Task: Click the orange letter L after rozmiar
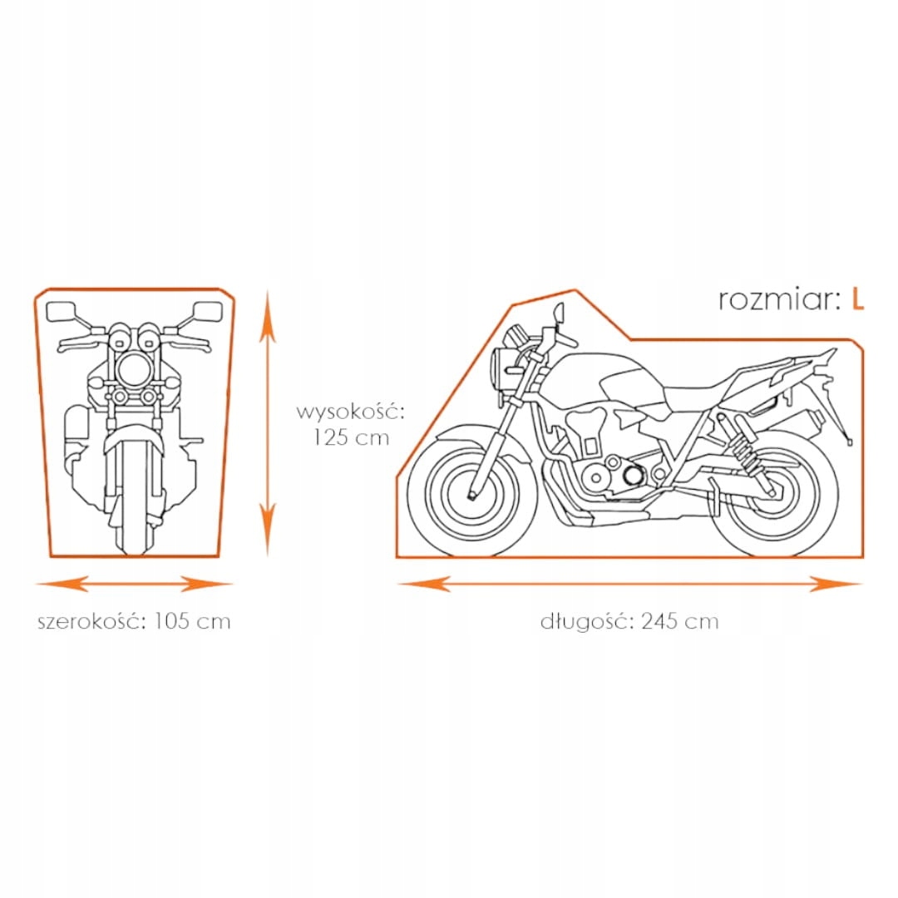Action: pos(857,299)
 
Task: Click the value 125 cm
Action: pos(351,437)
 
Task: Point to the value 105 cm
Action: pos(192,621)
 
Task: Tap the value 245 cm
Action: pos(679,621)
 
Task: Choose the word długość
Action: pos(585,621)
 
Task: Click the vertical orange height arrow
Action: pos(267,420)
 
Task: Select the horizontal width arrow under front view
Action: pos(133,584)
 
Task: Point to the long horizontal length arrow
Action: pos(629,584)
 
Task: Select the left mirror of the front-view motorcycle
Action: pos(62,312)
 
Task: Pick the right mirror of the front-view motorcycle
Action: pos(206,312)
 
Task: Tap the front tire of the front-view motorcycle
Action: pos(133,499)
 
